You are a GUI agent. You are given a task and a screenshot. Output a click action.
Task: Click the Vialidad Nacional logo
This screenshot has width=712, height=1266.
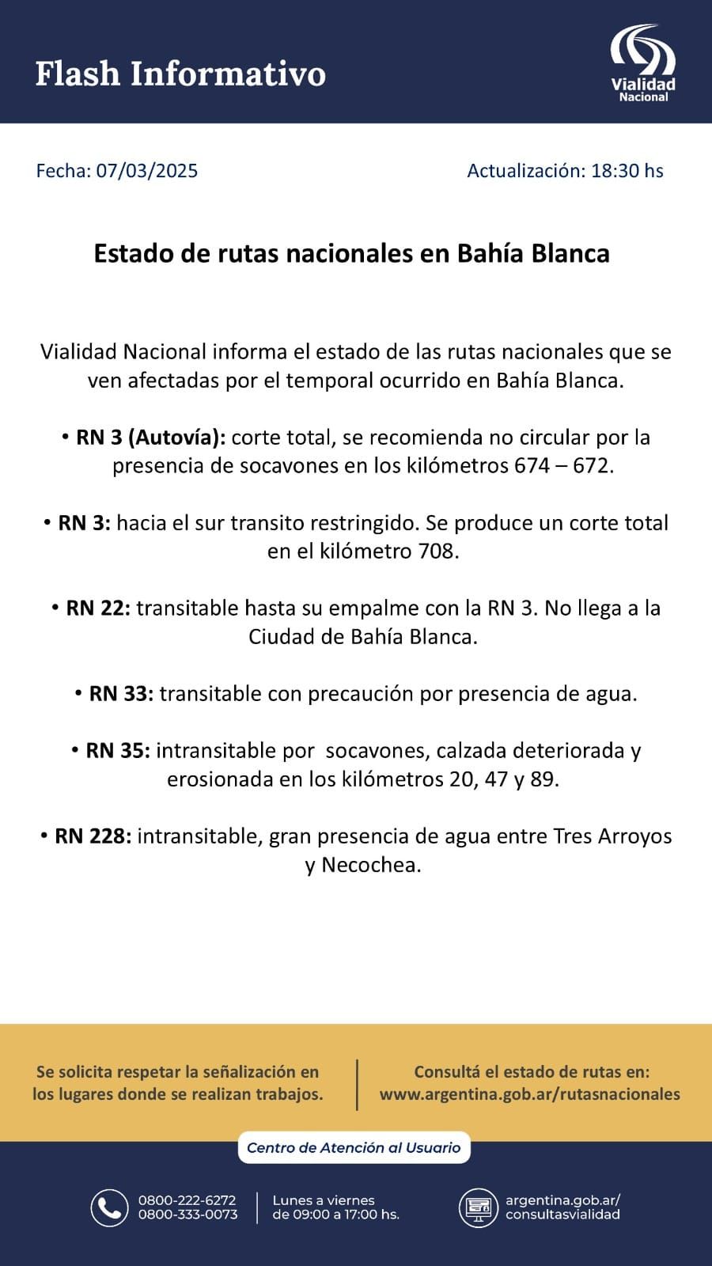(x=642, y=63)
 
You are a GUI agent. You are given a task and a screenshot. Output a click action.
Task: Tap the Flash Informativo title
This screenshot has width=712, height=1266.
(x=180, y=74)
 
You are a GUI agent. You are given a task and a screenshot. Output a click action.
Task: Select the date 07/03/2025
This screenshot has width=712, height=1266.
(x=147, y=171)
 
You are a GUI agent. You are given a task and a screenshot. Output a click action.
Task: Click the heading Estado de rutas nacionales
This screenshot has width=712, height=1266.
(x=351, y=253)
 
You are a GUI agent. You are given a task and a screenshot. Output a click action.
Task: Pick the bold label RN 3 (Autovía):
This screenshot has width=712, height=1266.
(x=151, y=437)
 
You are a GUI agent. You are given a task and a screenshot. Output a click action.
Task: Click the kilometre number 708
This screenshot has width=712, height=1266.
(x=436, y=551)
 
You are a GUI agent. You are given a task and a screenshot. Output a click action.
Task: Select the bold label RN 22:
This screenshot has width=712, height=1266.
(x=98, y=608)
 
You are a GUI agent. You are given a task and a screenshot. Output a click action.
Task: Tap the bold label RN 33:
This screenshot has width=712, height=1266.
(x=121, y=693)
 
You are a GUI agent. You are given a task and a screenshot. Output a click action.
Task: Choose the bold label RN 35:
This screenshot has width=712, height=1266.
(x=118, y=750)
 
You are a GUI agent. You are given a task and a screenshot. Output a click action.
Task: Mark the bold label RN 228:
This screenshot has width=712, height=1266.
(x=93, y=836)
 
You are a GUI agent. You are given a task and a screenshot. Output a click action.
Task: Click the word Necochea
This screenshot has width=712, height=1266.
(x=370, y=864)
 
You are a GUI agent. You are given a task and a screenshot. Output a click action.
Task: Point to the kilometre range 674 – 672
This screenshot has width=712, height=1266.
(x=562, y=465)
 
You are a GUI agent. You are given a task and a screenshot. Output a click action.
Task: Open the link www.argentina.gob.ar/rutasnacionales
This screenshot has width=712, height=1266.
(x=529, y=1094)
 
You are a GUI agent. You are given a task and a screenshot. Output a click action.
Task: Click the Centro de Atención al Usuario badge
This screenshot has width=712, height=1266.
(x=354, y=1147)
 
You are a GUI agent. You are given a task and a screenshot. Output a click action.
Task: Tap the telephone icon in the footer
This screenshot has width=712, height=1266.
(x=109, y=1207)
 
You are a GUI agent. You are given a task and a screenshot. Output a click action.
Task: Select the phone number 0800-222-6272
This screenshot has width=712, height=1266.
(x=187, y=1200)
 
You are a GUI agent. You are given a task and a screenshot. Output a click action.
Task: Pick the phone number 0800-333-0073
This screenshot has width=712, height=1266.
(x=187, y=1215)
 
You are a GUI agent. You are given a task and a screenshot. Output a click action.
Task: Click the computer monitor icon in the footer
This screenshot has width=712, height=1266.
(x=478, y=1207)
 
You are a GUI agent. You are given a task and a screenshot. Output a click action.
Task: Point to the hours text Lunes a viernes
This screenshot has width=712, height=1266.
(x=323, y=1200)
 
